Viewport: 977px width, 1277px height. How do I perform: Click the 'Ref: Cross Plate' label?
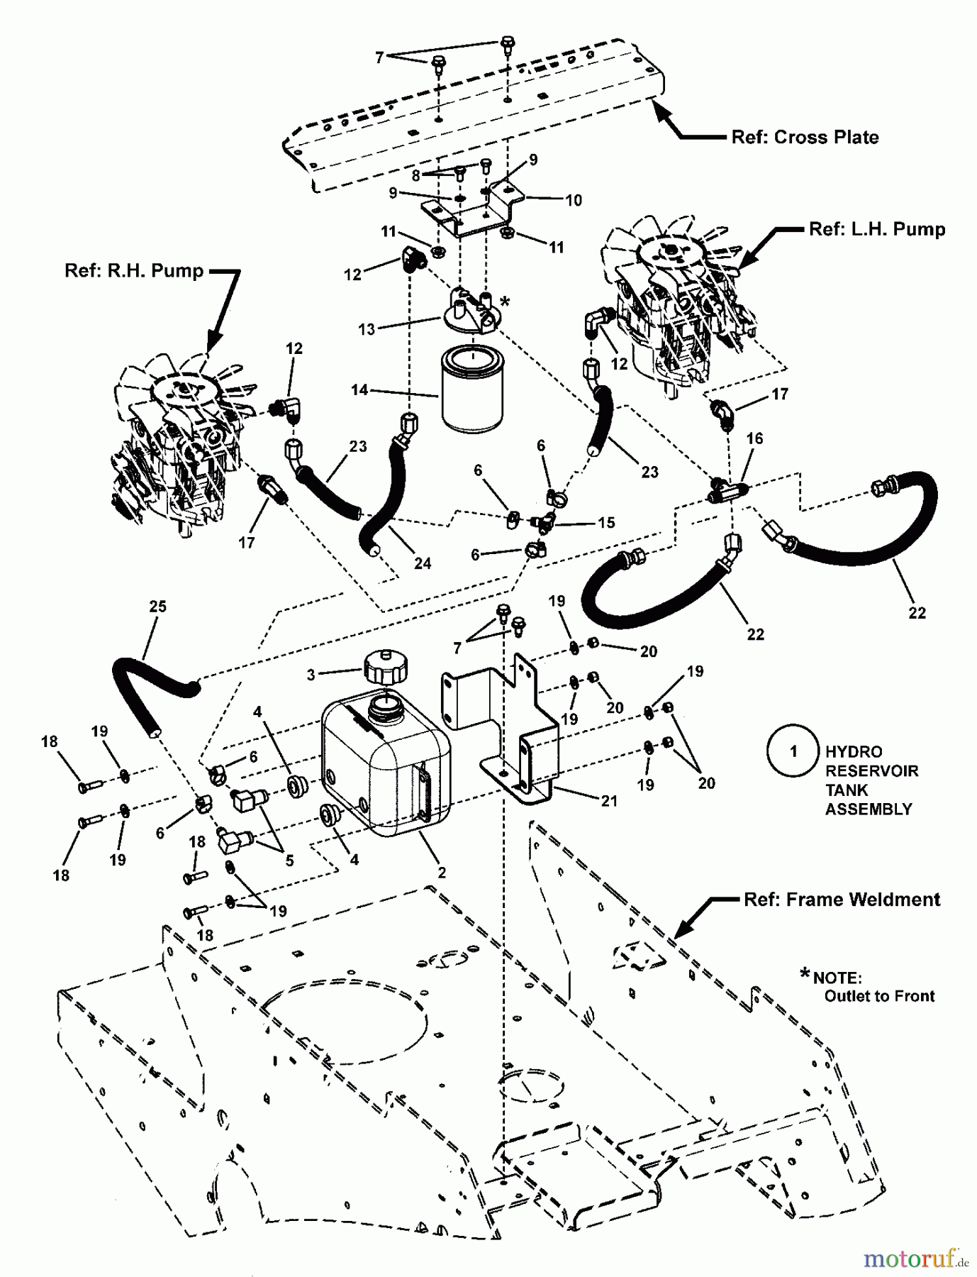coord(805,137)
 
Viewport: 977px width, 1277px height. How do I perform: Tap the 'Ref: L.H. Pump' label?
coord(877,229)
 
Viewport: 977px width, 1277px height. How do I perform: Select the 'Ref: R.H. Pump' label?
coord(134,270)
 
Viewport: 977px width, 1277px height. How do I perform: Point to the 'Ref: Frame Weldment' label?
coord(842,900)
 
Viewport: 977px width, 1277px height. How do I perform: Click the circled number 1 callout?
coord(793,751)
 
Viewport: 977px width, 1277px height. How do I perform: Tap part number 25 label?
coord(157,607)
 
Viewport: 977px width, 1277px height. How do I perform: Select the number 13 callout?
coord(367,329)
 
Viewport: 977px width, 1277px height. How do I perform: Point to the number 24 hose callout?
coord(423,563)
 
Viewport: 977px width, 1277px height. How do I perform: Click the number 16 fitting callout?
coord(754,438)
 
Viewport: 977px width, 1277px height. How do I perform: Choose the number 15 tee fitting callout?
coord(606,523)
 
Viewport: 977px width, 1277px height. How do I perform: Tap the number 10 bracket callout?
coord(573,200)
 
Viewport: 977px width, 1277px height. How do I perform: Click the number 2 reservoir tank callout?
coord(441,873)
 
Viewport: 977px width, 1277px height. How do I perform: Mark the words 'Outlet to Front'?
coord(879,996)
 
